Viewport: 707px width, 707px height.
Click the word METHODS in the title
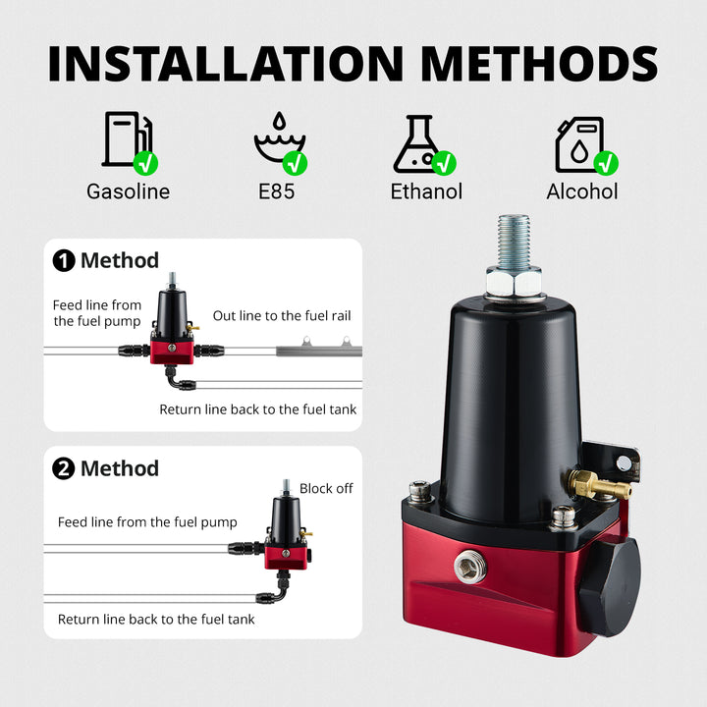[539, 63]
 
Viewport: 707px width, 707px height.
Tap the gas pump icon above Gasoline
[127, 138]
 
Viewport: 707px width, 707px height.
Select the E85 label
[276, 191]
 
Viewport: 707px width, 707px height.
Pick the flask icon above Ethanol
[417, 143]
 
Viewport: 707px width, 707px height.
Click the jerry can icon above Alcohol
[580, 144]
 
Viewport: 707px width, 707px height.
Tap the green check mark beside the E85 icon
[295, 163]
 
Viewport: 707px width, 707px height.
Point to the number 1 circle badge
[64, 260]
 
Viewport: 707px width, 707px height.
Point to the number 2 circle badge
[64, 468]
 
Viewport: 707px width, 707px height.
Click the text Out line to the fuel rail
[282, 315]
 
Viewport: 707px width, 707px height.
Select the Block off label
[326, 488]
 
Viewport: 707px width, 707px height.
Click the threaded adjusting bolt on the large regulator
[514, 242]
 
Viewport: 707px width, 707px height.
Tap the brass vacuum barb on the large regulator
[598, 484]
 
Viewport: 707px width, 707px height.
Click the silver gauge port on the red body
[469, 566]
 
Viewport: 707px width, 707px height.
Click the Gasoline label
[128, 191]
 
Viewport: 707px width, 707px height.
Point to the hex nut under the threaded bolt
[514, 282]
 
